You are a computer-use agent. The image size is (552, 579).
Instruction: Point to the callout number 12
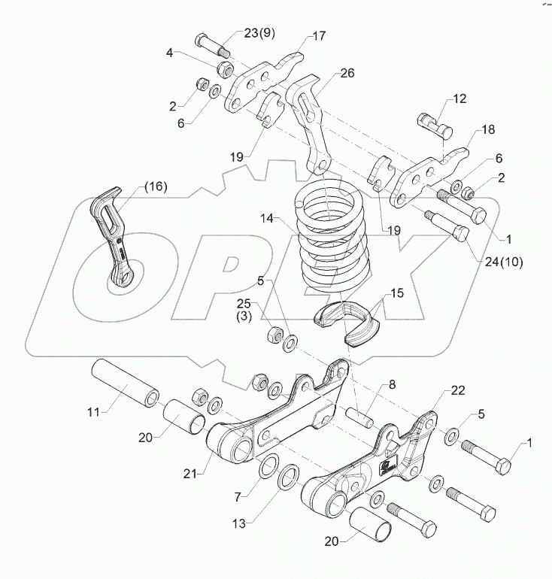pyautogui.click(x=459, y=99)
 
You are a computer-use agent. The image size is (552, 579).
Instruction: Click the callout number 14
pyautogui.click(x=267, y=220)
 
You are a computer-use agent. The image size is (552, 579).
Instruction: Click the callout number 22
pyautogui.click(x=458, y=390)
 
